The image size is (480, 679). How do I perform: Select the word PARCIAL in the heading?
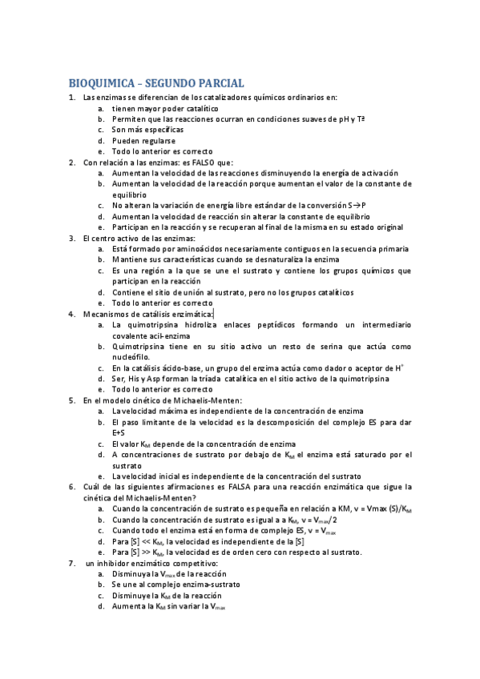(218, 83)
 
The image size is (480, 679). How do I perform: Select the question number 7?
(71, 563)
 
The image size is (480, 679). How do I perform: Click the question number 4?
(71, 314)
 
